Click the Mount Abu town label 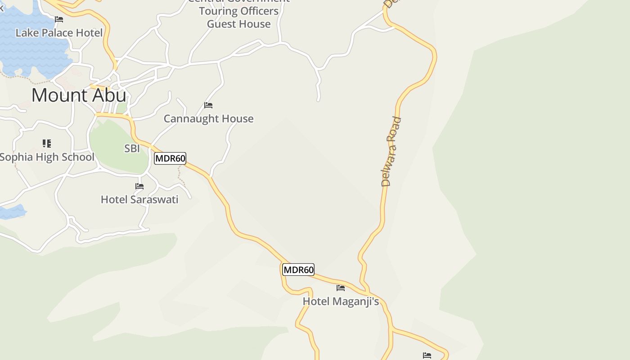79,95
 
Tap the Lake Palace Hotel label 59,33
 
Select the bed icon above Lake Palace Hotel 59,19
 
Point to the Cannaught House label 208,119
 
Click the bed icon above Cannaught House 208,105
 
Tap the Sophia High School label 47,157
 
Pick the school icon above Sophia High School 47,144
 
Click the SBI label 132,148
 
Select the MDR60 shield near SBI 170,158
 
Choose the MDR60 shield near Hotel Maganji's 298,270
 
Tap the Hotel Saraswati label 139,200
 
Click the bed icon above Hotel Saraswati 139,186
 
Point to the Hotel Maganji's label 341,301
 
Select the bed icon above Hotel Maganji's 341,288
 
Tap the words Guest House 239,24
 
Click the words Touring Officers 239,11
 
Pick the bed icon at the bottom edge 427,355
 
